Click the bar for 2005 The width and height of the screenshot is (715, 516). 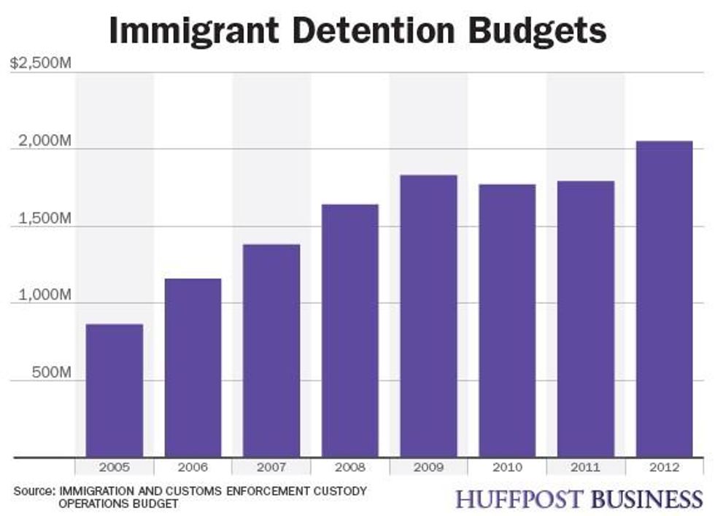115,391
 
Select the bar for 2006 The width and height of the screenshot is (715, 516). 193,368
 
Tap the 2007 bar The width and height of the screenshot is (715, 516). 271,351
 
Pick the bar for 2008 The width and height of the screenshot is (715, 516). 350,331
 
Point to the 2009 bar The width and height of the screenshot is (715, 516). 428,316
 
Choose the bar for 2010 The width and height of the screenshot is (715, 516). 507,321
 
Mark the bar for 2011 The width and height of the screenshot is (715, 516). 586,319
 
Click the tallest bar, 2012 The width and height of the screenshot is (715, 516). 664,299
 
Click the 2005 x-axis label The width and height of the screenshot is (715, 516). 115,467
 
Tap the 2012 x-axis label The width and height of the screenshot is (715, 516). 664,467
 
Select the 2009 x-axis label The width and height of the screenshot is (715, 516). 428,467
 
